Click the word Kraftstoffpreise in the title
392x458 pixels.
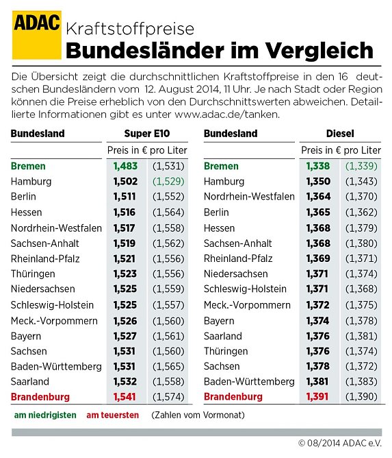[130, 29]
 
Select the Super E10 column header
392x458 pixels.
[147, 134]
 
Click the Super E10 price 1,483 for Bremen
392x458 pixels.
[124, 166]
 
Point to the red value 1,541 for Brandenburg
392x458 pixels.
[124, 397]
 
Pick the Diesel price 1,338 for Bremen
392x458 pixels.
[317, 166]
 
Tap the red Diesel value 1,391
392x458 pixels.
[317, 397]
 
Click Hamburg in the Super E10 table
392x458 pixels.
[31, 182]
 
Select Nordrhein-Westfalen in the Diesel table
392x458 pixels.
[248, 197]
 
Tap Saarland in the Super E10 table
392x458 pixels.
[30, 381]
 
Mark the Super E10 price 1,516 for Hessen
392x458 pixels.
[124, 213]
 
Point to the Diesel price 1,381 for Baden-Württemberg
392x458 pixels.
[317, 381]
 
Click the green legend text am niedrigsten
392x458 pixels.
[45, 415]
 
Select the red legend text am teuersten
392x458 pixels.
[112, 415]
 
